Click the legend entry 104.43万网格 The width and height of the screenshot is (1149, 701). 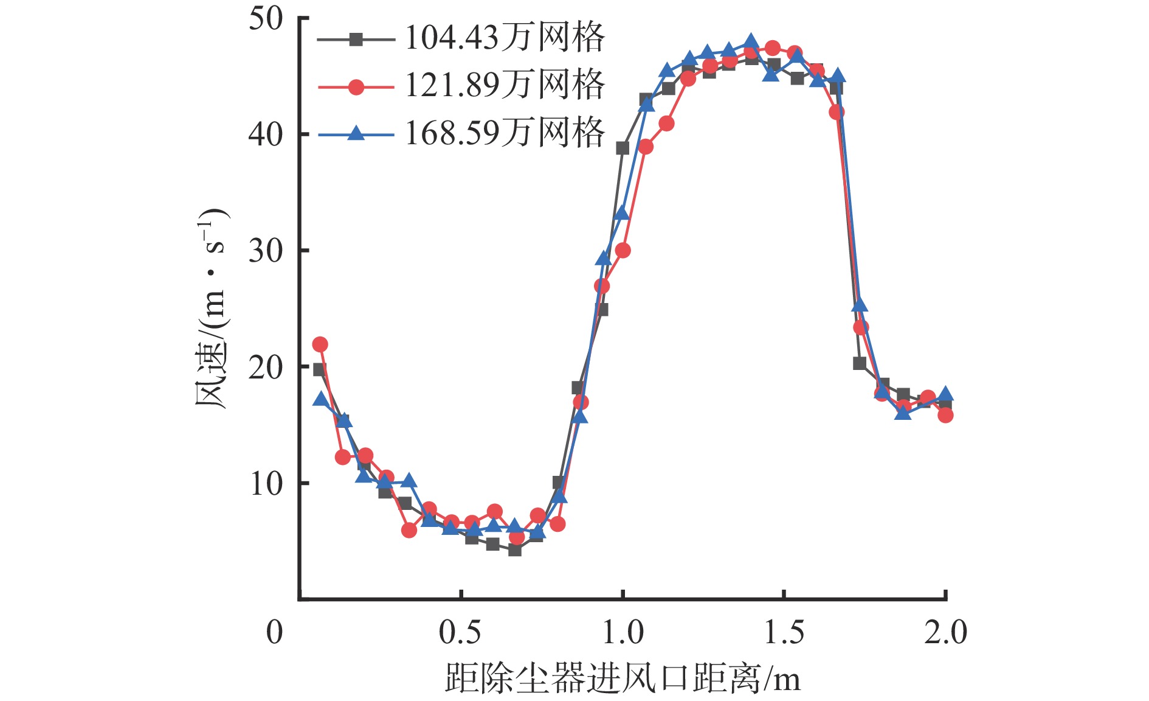(505, 38)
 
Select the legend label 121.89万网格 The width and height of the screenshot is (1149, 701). (505, 85)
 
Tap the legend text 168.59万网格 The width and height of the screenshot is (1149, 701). (505, 133)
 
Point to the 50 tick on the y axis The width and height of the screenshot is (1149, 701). (266, 19)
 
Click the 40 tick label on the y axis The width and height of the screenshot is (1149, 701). (266, 134)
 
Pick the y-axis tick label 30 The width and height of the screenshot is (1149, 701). (266, 251)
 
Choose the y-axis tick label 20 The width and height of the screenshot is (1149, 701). (266, 367)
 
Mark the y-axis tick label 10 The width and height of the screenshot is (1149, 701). (266, 484)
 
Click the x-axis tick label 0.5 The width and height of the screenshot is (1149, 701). (460, 633)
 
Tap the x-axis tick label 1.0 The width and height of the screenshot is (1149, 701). (623, 633)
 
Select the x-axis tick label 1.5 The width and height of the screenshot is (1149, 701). (784, 633)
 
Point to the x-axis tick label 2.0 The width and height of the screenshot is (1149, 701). (945, 633)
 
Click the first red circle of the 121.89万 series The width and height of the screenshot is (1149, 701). (320, 344)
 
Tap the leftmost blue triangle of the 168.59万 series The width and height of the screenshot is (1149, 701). (320, 399)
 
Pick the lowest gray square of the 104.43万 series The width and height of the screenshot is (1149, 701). (515, 550)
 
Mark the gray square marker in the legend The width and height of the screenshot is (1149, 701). (356, 40)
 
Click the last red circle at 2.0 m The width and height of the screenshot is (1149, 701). (945, 416)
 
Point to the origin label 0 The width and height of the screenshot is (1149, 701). (274, 633)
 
